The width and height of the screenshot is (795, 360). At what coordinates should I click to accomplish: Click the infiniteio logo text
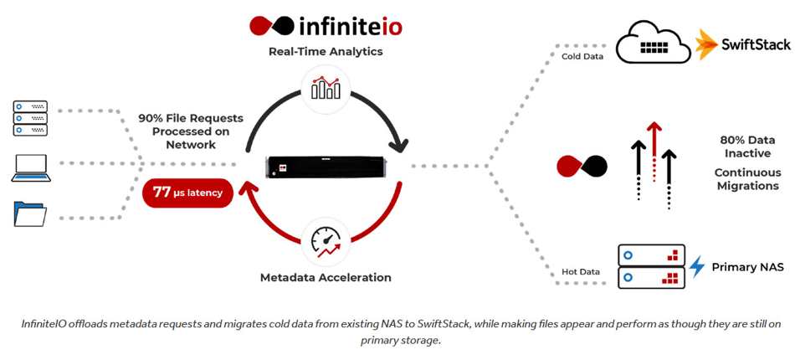351,25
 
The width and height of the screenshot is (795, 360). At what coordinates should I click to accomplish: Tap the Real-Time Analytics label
326,52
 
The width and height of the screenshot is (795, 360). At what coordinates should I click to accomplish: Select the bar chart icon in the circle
326,88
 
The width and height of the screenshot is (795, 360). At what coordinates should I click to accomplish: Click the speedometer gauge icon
326,242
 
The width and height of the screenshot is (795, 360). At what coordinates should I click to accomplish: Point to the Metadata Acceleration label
326,277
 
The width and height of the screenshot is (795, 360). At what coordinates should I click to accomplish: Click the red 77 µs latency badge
188,193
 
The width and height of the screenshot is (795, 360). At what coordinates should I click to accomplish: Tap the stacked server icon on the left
30,118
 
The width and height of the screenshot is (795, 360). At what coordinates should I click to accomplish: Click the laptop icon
30,167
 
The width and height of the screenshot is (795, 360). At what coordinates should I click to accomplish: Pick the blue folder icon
30,213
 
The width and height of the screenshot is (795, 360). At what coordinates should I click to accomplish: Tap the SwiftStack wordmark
756,44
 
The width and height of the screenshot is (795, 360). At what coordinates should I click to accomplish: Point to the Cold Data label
582,56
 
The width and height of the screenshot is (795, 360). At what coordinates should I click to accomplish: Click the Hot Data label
581,272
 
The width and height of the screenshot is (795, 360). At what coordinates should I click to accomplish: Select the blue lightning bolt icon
697,267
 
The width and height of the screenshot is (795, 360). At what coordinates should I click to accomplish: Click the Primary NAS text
748,267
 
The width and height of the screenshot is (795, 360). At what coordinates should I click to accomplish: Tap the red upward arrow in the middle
654,151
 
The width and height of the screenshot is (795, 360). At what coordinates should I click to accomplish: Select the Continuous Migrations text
747,179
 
